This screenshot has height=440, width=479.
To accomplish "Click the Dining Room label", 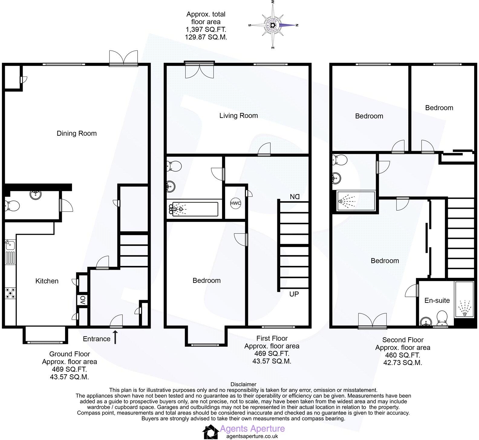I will tap(77, 133).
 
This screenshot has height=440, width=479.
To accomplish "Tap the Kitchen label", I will tap(47, 281).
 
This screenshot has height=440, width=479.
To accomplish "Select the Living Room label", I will tap(238, 115).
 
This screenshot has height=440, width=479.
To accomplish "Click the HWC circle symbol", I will tap(236, 203).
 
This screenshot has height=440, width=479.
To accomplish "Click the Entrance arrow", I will tap(115, 337).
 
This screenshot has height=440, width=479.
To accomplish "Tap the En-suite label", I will tap(437, 300).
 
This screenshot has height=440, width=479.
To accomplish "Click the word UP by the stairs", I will tap(294, 294).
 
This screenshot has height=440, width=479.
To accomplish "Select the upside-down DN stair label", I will tap(294, 197).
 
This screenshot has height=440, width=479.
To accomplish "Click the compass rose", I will tap(273, 25).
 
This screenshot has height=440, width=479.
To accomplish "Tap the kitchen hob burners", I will tap(10, 293).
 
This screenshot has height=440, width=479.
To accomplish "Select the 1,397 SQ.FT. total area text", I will tap(206, 30).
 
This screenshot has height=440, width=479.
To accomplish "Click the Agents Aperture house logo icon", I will tap(211, 432).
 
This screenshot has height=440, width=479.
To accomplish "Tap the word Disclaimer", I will tap(243, 384).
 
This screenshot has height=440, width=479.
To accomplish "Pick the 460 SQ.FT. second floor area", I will tap(402, 355).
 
